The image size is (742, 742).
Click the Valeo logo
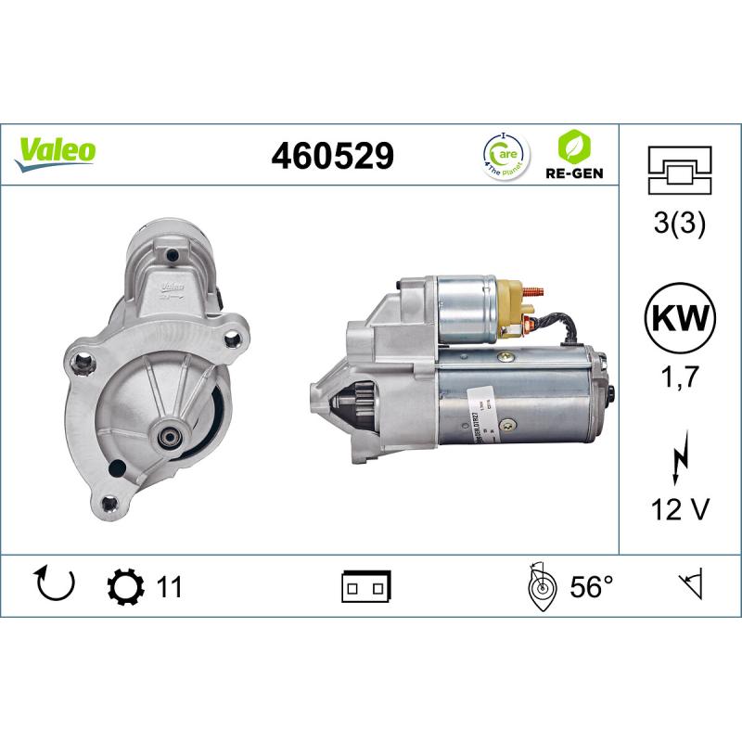coord(55,150)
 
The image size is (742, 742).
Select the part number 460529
coord(332,156)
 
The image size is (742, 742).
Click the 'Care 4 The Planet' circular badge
coord(504,154)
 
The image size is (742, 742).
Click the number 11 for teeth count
coord(168,587)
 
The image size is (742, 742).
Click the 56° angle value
coord(591,587)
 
